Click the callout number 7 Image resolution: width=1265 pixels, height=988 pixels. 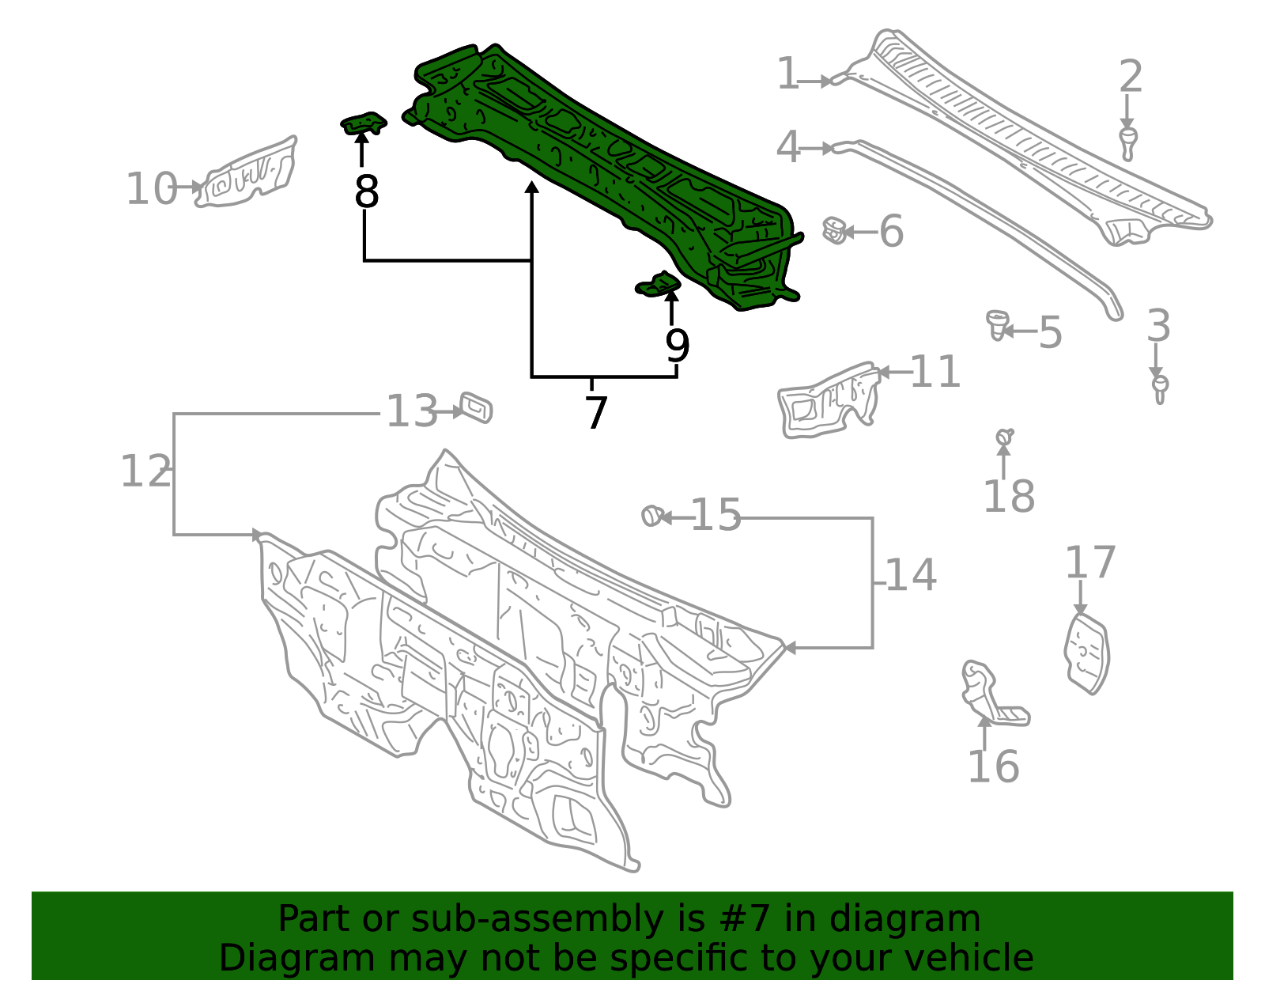click(x=595, y=413)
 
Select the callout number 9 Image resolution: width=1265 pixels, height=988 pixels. click(x=678, y=346)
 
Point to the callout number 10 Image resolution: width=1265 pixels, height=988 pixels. click(x=151, y=188)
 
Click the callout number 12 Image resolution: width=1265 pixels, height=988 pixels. click(x=145, y=471)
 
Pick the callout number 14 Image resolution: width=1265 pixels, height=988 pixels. click(x=911, y=574)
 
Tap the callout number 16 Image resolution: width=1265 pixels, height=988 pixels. click(x=993, y=766)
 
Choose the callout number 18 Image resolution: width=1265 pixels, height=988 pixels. click(x=1009, y=496)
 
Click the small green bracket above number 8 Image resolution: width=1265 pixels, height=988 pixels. click(x=363, y=123)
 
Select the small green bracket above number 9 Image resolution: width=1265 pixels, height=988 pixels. click(x=659, y=284)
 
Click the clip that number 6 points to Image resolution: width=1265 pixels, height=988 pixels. click(x=833, y=230)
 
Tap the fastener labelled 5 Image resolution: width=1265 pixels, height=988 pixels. click(x=997, y=325)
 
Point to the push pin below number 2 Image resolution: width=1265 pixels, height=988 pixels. click(x=1127, y=142)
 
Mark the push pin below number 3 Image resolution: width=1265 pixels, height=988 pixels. click(x=1160, y=389)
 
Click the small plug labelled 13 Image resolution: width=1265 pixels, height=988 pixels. click(x=476, y=408)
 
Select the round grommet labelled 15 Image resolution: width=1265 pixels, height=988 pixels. click(x=651, y=516)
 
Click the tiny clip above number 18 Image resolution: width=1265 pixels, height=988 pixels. click(x=1004, y=436)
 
